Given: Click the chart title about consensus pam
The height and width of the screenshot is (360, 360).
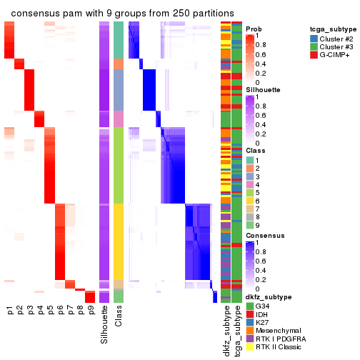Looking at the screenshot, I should (x=123, y=14).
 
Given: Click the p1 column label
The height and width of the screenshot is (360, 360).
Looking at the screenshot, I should (x=10, y=311).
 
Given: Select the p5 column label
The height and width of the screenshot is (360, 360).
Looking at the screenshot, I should (x=50, y=311).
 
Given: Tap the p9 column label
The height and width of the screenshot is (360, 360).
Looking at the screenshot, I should (x=90, y=311).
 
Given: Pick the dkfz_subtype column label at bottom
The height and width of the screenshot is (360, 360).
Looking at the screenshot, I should (x=226, y=333).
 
